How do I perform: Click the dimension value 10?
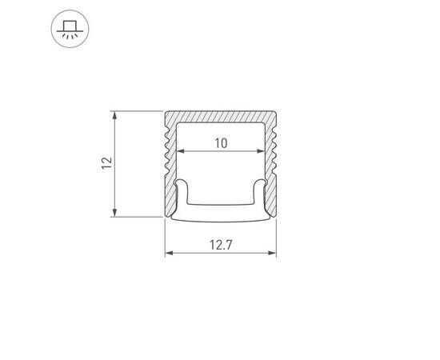click(x=222, y=143)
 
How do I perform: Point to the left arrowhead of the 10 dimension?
click(x=179, y=151)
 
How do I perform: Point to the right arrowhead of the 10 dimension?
click(x=263, y=151)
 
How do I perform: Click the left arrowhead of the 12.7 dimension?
click(x=168, y=254)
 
